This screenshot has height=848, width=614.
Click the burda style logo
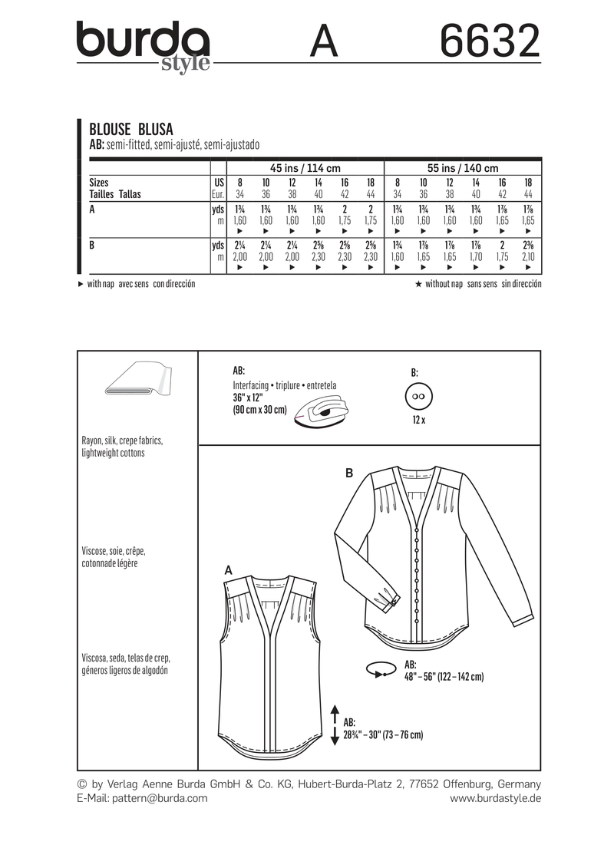click(143, 45)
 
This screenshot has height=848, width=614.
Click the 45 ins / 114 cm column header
click(305, 168)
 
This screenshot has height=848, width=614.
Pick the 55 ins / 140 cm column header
click(461, 168)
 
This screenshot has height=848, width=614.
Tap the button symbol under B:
click(419, 398)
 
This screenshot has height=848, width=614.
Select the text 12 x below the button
click(419, 421)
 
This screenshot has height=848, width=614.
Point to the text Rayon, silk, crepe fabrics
click(123, 442)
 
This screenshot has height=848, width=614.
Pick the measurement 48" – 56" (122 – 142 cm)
click(444, 678)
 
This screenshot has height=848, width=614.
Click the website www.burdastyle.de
click(495, 798)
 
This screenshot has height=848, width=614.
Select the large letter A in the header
click(324, 42)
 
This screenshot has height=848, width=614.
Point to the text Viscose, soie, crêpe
click(114, 552)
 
